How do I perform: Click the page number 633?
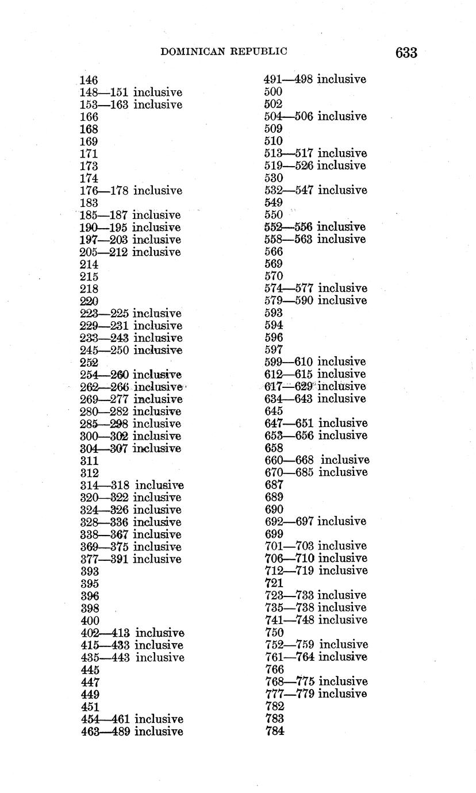click(406, 53)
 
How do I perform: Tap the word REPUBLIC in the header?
click(258, 52)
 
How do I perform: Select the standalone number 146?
click(89, 80)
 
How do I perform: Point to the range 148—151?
click(104, 93)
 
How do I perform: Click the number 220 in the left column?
click(89, 301)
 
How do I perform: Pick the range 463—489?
click(105, 732)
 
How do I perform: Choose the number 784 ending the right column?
click(275, 731)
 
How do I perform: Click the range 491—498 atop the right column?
click(288, 79)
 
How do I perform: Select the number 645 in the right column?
click(274, 411)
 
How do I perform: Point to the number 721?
click(274, 583)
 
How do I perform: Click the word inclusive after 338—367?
click(157, 534)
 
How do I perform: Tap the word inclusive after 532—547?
click(342, 190)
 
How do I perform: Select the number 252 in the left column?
click(89, 363)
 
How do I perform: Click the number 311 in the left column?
click(89, 461)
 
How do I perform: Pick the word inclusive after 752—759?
click(344, 645)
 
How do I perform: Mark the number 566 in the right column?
click(274, 252)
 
